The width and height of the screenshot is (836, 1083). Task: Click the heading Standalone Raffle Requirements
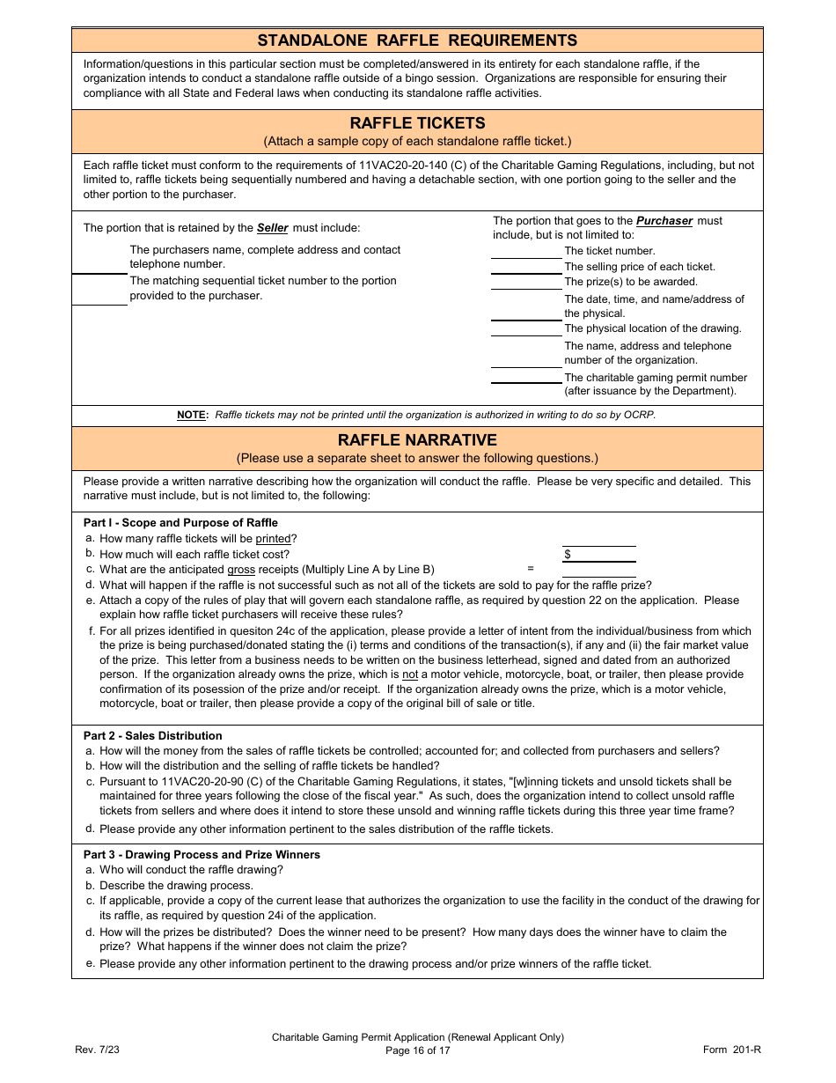(x=417, y=41)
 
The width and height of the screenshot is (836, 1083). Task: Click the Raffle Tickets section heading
(x=417, y=123)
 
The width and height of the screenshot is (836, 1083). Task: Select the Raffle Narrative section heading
(x=417, y=439)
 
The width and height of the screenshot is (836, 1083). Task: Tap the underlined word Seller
(x=273, y=228)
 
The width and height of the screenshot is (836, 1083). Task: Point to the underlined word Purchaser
(x=664, y=221)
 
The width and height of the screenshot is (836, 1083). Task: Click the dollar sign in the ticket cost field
(x=568, y=555)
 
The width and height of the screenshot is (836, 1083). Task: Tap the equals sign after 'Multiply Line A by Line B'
(x=531, y=569)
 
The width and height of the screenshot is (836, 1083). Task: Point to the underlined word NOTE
(x=191, y=416)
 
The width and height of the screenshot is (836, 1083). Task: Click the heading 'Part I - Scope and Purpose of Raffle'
(x=180, y=523)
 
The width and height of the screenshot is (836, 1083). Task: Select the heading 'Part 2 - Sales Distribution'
(x=153, y=736)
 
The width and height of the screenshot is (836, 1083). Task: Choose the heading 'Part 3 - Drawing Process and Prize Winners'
(x=202, y=855)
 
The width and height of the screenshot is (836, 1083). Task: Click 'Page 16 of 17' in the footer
(x=417, y=1050)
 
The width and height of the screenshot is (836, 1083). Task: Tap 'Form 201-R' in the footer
(x=731, y=1050)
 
